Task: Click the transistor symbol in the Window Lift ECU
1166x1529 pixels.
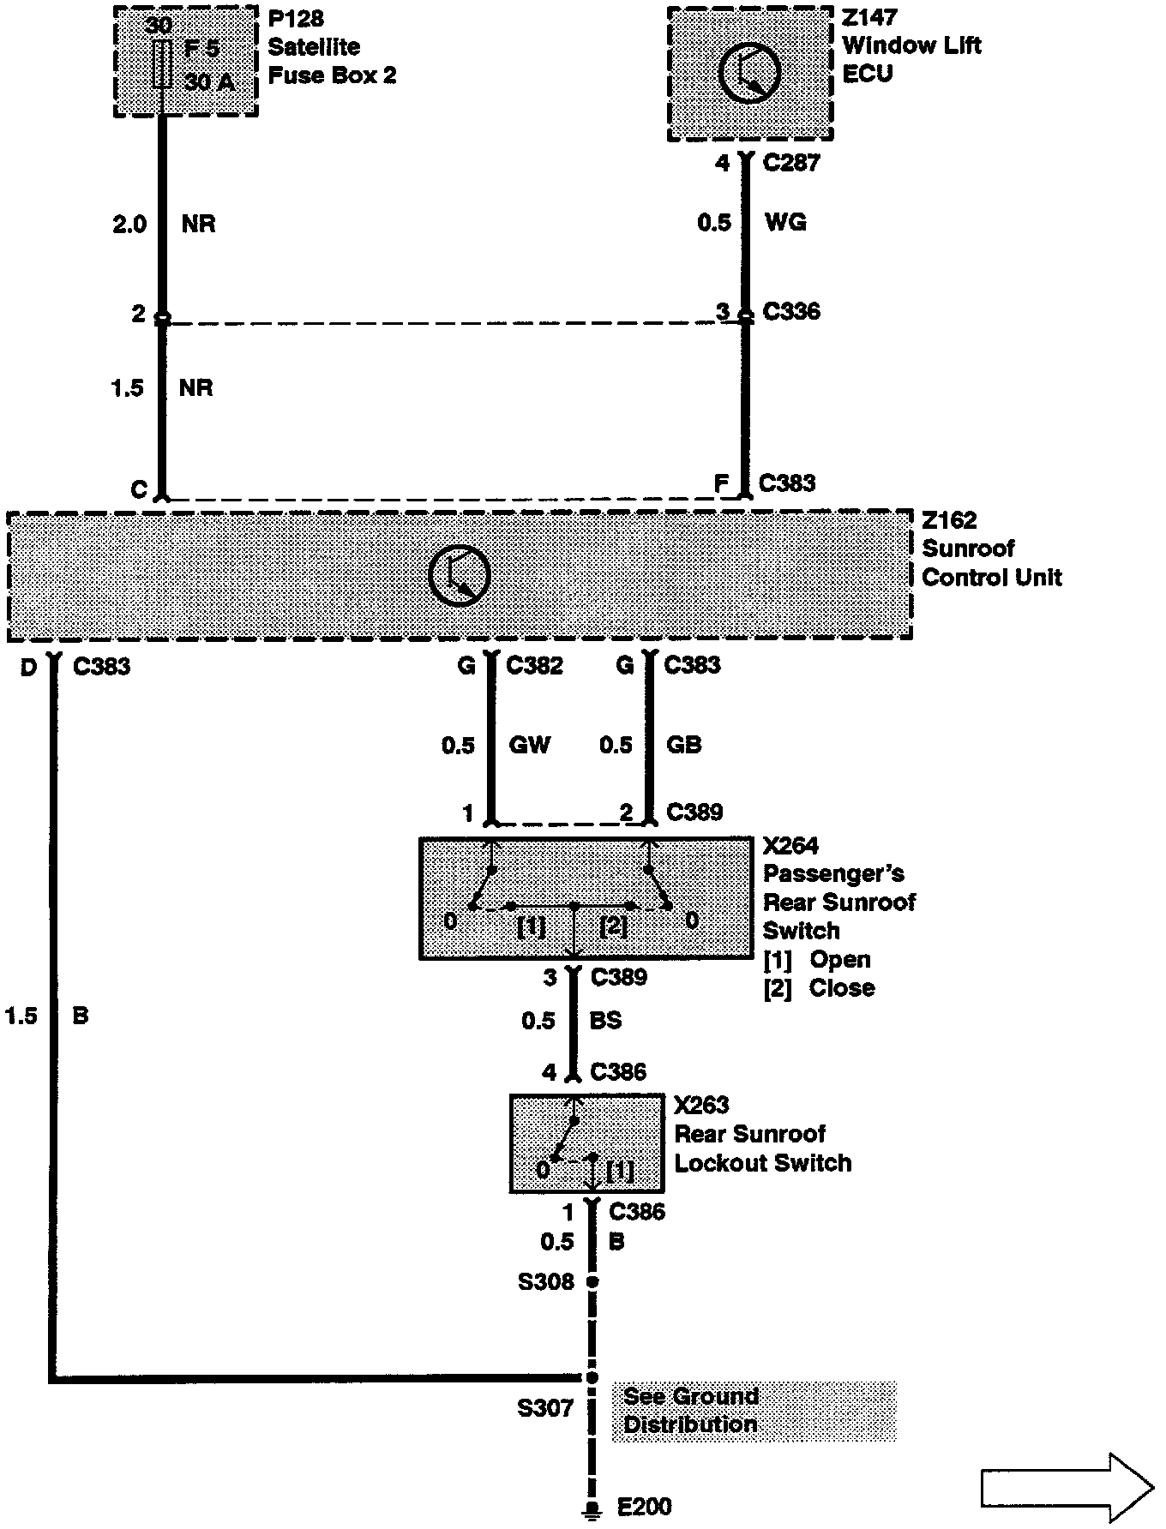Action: [x=749, y=73]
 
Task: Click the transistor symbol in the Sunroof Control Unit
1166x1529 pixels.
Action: [x=460, y=574]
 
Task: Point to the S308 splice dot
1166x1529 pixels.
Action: [x=592, y=1282]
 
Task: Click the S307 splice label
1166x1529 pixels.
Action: [x=544, y=1408]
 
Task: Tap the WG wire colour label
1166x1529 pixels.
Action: [x=785, y=223]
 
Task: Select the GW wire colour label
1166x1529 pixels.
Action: [x=530, y=744]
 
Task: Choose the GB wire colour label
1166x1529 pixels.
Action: [x=683, y=744]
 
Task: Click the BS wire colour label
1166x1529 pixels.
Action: [x=606, y=1021]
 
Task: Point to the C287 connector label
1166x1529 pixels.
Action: [x=791, y=163]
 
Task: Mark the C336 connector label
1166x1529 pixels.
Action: [x=791, y=311]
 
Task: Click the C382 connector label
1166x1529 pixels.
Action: [x=535, y=665]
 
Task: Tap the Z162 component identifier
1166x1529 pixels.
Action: [x=949, y=520]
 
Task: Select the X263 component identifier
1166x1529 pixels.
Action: [x=700, y=1106]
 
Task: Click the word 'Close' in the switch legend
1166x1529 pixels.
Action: [x=842, y=987]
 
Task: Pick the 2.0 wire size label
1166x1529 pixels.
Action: [x=129, y=225]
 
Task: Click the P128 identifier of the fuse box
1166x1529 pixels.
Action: [x=296, y=19]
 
